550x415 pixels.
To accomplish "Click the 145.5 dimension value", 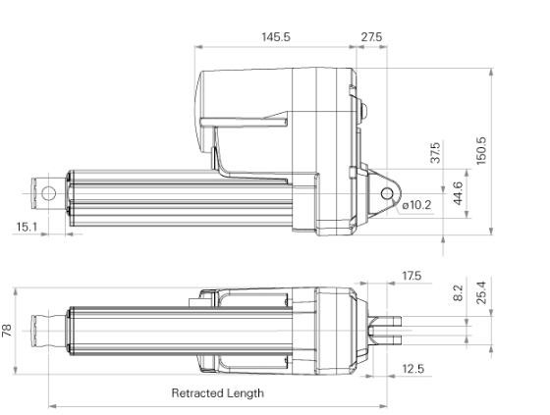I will [276, 36].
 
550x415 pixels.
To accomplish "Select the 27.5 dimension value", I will [371, 36].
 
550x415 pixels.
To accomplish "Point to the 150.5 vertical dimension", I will [481, 150].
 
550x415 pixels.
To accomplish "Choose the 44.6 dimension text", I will [457, 190].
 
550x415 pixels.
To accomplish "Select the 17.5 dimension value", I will [411, 276].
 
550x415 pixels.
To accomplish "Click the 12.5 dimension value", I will [412, 368].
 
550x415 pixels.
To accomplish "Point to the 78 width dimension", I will [9, 332].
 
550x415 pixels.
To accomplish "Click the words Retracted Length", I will [217, 393].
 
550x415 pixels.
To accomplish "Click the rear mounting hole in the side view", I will [386, 192].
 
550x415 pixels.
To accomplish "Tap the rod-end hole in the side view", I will [48, 191].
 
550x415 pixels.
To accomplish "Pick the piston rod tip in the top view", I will [47, 332].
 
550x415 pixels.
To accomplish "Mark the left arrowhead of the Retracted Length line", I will [51, 405].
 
